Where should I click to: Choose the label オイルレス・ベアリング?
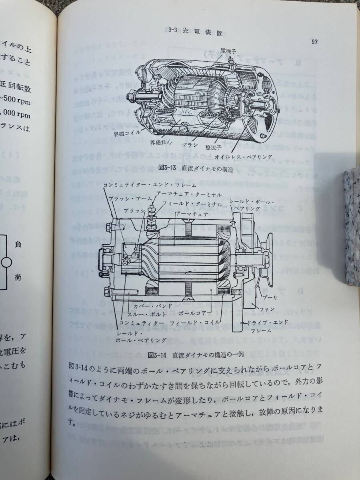coord(240,156)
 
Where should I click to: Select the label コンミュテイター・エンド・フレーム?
coord(149,185)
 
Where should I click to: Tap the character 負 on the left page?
coord(18,244)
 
